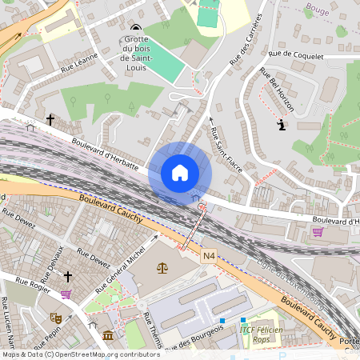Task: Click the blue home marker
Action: (x=180, y=173)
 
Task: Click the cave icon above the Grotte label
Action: (x=134, y=30)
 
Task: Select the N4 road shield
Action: (x=209, y=255)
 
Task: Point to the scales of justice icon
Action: (x=165, y=269)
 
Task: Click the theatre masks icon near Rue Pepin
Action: (x=55, y=318)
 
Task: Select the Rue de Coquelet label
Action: (x=296, y=56)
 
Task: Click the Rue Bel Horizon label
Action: (x=278, y=89)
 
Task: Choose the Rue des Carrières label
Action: (x=246, y=39)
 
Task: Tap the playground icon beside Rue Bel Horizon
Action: (x=281, y=126)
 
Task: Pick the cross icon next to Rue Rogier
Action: (x=68, y=277)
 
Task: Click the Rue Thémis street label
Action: (x=151, y=331)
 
